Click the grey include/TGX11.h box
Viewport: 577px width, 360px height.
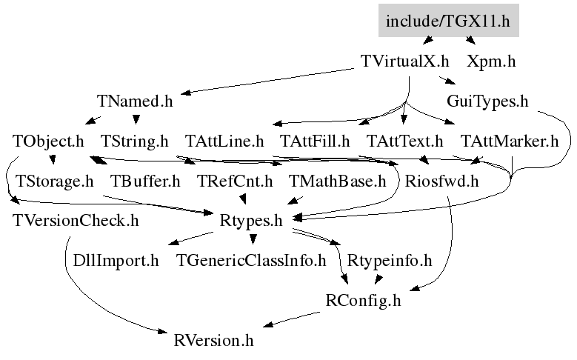pyautogui.click(x=449, y=21)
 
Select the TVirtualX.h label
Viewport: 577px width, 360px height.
pyautogui.click(x=404, y=61)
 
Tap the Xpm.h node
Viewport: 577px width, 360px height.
pyautogui.click(x=491, y=61)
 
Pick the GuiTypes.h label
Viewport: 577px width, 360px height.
pyautogui.click(x=487, y=101)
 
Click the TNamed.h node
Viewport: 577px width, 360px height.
pyautogui.click(x=135, y=101)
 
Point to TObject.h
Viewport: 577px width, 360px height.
pyautogui.click(x=48, y=141)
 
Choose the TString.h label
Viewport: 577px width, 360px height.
pyautogui.click(x=134, y=141)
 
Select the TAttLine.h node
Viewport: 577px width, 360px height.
pyautogui.click(x=224, y=141)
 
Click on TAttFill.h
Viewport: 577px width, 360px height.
pyautogui.click(x=315, y=141)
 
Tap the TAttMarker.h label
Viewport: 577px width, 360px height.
pyautogui.click(x=510, y=141)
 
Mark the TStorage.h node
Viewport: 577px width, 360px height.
pyautogui.click(x=55, y=181)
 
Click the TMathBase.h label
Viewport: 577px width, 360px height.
pyautogui.click(x=337, y=181)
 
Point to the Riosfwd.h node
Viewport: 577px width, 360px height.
pyautogui.click(x=441, y=181)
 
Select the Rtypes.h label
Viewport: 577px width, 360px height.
pyautogui.click(x=251, y=221)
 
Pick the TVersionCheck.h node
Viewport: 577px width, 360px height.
pyautogui.click(x=76, y=221)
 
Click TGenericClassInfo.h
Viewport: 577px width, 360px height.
pyautogui.click(x=251, y=261)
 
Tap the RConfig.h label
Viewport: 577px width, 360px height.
pyautogui.click(x=363, y=301)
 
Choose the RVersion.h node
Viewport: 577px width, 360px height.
pyautogui.click(x=213, y=341)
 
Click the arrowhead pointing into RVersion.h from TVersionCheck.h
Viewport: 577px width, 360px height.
pyautogui.click(x=163, y=332)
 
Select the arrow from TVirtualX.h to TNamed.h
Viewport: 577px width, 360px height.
pyautogui.click(x=267, y=81)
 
